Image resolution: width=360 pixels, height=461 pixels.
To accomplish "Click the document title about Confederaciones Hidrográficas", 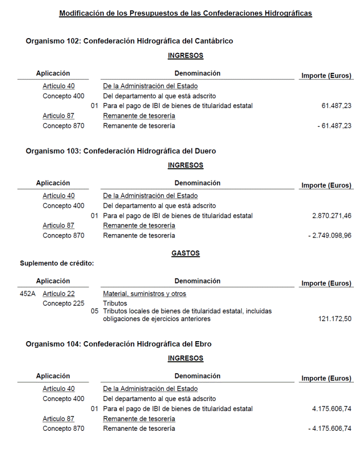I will click(185, 13).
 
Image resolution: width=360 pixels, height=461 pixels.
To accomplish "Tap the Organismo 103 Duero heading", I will click(121, 151).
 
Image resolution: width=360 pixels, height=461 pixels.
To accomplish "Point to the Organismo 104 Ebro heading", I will click(118, 344).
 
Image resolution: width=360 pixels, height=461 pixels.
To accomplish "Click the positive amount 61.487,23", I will click(336, 106).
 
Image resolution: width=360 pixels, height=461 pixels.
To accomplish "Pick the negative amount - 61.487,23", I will click(334, 126).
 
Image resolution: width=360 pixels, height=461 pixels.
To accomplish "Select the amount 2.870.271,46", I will click(332, 216).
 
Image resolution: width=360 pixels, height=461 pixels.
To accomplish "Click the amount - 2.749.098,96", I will click(330, 236).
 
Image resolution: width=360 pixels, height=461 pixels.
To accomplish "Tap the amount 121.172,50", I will click(335, 319).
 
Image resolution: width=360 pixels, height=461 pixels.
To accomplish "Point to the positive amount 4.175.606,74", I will click(332, 409).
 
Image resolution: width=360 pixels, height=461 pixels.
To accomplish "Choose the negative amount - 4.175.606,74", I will click(330, 429).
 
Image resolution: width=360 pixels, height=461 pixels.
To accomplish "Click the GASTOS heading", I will click(185, 253).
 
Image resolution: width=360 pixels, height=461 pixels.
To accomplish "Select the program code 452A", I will click(27, 294).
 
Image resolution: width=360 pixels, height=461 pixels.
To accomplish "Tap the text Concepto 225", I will click(63, 304).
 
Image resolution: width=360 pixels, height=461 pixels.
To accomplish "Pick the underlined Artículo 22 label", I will click(58, 294).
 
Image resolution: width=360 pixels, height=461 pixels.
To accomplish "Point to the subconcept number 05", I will click(94, 311).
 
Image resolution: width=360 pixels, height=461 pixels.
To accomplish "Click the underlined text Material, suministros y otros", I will click(144, 294).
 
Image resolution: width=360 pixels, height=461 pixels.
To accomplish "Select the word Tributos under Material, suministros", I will click(115, 304).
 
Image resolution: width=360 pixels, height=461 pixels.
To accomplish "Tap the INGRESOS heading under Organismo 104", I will click(185, 358).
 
